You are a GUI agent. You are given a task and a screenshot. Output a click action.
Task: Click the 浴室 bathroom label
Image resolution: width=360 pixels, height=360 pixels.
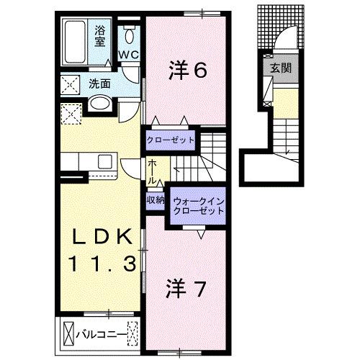(100, 35)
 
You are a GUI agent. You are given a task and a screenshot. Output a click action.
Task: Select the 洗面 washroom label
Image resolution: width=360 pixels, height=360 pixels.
(99, 84)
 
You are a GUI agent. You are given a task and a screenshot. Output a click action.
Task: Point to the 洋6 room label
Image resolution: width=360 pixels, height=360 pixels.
(189, 70)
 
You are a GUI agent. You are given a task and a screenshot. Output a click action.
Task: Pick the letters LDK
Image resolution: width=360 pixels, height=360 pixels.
(101, 238)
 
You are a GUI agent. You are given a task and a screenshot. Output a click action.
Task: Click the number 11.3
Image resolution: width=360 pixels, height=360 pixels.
(101, 265)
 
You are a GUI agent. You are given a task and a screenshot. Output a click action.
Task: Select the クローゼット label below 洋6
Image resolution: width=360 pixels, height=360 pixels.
(171, 139)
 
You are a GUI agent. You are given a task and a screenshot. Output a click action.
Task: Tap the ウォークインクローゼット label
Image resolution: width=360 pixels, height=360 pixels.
(196, 207)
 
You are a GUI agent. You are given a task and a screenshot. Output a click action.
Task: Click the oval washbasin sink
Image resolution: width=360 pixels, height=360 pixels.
(99, 104)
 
